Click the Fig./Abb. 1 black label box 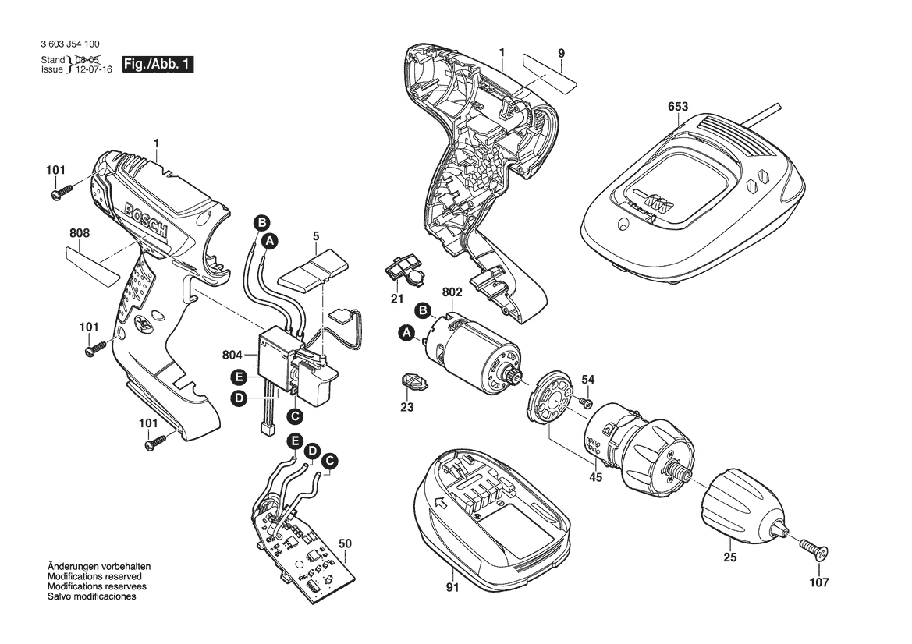158,65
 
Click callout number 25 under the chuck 729,557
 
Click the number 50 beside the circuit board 346,543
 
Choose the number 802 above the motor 452,293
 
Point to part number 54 588,380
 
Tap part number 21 397,299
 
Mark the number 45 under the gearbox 595,478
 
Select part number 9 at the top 561,52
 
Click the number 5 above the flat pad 316,235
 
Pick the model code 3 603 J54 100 70,46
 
